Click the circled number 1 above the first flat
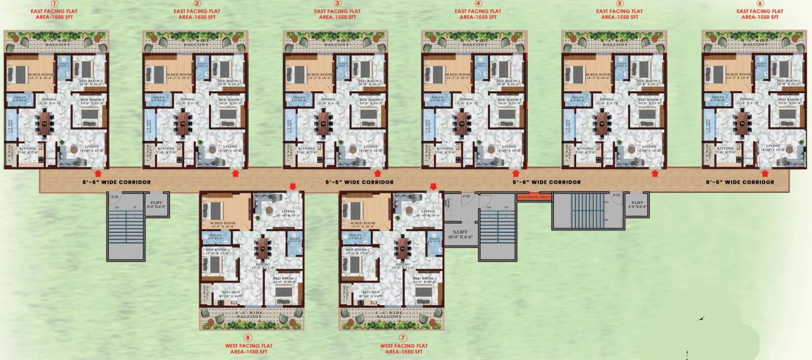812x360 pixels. (57, 4)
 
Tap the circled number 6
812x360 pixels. (760, 4)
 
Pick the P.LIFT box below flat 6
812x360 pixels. (638, 204)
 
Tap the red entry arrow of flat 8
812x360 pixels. (292, 187)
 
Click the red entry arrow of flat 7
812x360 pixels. (433, 187)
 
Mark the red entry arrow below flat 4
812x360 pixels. (515, 174)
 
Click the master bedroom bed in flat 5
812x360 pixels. (574, 74)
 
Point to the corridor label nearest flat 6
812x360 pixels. (740, 182)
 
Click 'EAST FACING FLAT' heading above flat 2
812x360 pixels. (194, 11)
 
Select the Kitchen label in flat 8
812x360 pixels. (231, 292)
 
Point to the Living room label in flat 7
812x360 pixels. (429, 212)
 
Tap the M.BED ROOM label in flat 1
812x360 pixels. (29, 74)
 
